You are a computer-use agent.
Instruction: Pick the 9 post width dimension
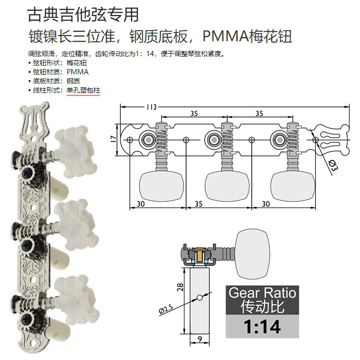click(199, 341)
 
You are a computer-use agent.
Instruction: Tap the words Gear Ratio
click(262, 292)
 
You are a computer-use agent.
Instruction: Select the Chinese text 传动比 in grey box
click(262, 307)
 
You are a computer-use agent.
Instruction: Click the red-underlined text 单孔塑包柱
click(83, 90)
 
